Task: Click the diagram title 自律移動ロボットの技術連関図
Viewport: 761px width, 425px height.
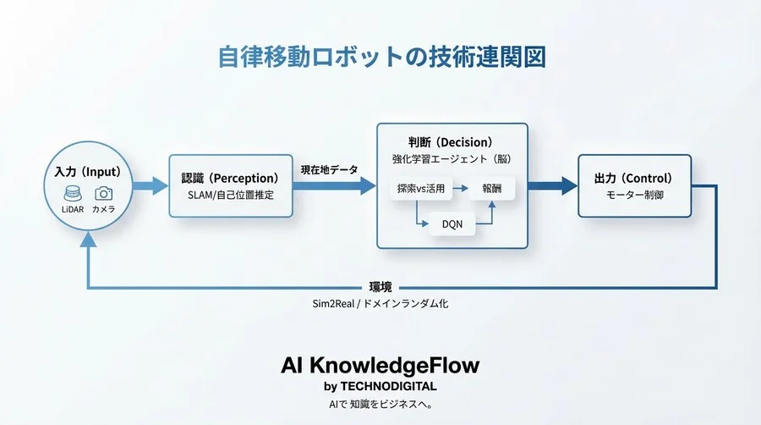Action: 381,57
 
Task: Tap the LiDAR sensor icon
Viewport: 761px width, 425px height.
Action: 72,194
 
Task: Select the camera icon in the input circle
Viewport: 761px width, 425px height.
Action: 104,194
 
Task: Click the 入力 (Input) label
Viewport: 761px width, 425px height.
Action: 88,173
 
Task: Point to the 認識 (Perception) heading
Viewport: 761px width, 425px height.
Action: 230,179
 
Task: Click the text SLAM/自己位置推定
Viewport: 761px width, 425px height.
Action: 230,195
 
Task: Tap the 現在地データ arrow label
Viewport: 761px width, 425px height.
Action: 329,169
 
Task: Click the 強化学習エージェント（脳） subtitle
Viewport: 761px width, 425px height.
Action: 452,158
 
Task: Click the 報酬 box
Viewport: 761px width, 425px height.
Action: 491,190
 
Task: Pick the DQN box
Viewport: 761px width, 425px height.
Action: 452,224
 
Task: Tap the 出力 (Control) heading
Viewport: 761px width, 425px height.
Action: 634,179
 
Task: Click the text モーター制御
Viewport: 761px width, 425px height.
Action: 634,195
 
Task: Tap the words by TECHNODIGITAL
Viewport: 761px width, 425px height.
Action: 380,387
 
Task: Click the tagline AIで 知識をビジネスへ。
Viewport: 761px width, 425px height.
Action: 380,404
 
